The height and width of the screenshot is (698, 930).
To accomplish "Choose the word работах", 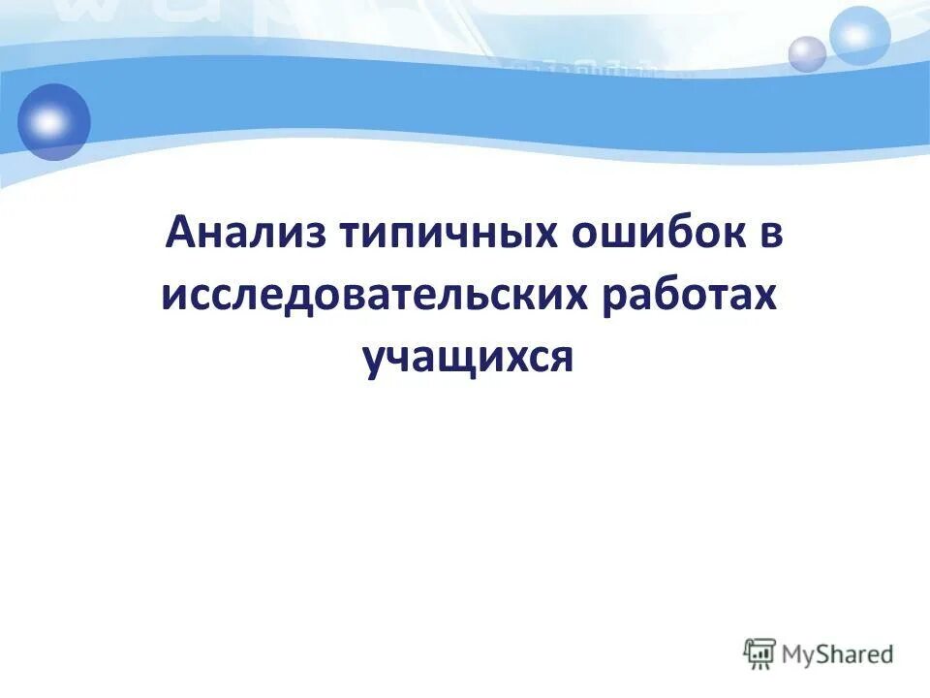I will coord(689,295).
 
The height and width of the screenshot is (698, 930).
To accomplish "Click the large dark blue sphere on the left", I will coord(52,121).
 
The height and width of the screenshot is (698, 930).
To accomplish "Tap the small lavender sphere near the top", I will coord(806,53).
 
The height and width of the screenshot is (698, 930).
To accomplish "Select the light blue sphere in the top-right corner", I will coord(859,35).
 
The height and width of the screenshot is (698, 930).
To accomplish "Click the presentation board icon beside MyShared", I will coord(759,654).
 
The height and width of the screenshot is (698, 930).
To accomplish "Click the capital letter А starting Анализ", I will coord(180,234).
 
